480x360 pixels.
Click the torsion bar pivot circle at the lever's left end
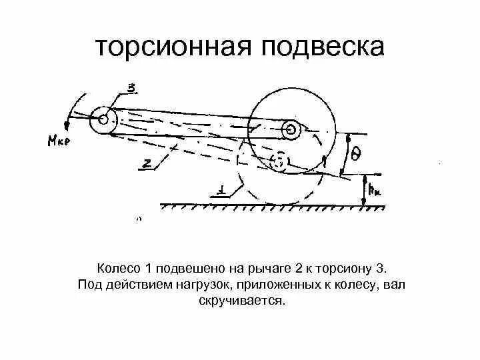pyautogui.click(x=104, y=121)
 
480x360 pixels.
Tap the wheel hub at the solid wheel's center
pyautogui.click(x=291, y=129)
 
